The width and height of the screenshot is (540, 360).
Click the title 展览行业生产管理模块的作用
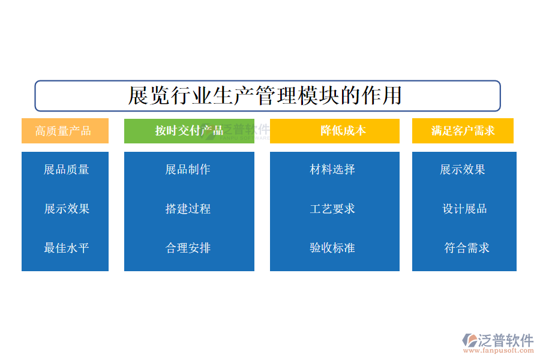[x=265, y=95]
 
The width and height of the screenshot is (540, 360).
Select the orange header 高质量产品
[x=65, y=131]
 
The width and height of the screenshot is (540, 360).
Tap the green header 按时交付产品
[x=189, y=131]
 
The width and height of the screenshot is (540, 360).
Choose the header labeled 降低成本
[x=334, y=131]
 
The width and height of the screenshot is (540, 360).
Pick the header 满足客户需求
[x=463, y=131]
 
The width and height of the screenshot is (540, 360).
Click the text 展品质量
[x=67, y=169]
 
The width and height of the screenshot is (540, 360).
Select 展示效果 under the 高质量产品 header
[x=67, y=209]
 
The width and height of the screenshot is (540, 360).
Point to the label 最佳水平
[x=67, y=248]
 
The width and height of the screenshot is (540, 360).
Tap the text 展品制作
[x=188, y=169]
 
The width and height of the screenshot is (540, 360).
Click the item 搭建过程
[x=188, y=209]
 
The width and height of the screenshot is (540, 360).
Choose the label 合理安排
[x=188, y=248]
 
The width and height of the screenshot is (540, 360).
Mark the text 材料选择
[x=332, y=169]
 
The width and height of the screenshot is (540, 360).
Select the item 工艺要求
[x=332, y=209]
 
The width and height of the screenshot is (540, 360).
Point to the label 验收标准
[x=332, y=248]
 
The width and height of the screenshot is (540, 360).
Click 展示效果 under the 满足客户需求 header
[x=463, y=169]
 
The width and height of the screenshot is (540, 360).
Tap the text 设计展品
[x=464, y=209]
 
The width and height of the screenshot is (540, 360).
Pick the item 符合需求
[x=467, y=248]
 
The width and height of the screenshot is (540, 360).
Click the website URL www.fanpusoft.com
[x=499, y=350]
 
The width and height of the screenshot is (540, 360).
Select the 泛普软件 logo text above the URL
[x=506, y=340]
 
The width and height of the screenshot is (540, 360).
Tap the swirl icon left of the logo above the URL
[x=470, y=340]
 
